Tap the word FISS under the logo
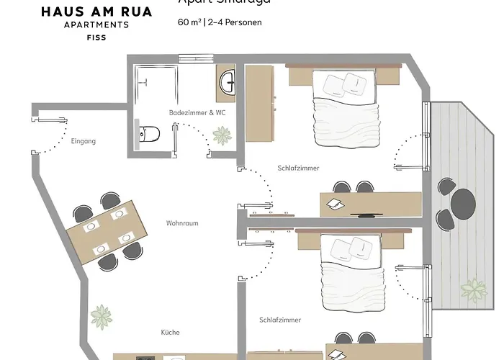point(85,36)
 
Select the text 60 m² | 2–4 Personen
point(220,22)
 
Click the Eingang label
point(84,141)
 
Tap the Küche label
point(171,332)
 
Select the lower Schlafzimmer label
point(280,319)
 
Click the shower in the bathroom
point(153,86)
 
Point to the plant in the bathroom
point(222,134)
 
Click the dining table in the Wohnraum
point(105,230)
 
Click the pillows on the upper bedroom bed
point(343,85)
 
